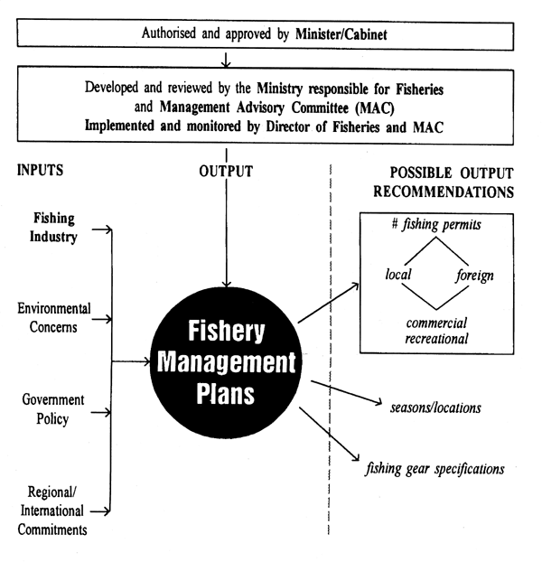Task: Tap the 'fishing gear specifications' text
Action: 435,469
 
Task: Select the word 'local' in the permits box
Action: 398,273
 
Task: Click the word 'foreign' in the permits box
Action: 473,273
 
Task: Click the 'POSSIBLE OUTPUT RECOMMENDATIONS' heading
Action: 449,182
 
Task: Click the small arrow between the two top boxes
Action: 226,61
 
